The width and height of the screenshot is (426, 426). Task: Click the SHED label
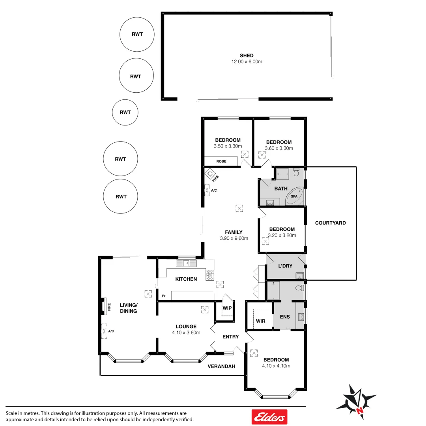[x=247, y=56]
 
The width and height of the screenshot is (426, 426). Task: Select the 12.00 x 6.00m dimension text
[x=247, y=62]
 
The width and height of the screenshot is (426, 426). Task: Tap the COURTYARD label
[x=330, y=223]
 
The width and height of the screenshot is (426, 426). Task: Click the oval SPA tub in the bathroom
[x=295, y=196]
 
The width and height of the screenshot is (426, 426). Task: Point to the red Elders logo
[x=269, y=417]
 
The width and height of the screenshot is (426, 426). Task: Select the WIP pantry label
[x=227, y=308]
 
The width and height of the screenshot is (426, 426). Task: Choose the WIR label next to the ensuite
[x=261, y=321]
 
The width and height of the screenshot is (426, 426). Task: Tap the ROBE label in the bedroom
[x=221, y=161]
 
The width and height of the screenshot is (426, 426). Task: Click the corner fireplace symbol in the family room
[x=210, y=174]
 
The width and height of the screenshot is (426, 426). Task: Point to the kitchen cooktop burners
[x=209, y=275]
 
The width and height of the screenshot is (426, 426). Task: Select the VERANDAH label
[x=221, y=366]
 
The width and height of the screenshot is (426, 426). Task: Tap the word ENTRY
[x=230, y=336]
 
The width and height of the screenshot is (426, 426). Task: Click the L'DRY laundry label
[x=285, y=266]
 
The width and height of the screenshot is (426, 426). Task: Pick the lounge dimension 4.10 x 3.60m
[x=186, y=333]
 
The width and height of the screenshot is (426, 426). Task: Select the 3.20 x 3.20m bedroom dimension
[x=282, y=235]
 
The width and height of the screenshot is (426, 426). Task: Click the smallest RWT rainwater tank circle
[x=125, y=112]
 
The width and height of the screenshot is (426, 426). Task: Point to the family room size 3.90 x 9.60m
[x=234, y=238]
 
